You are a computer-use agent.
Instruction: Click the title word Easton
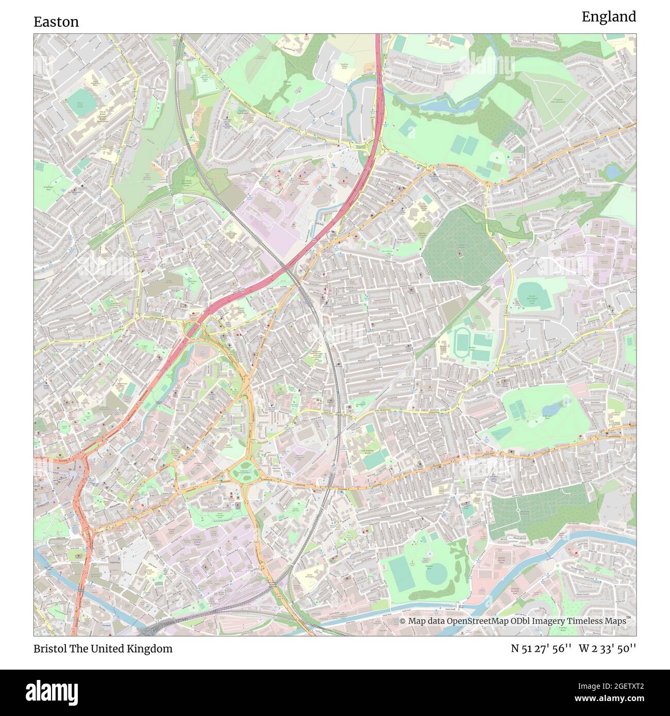(x=56, y=22)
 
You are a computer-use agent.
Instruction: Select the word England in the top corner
(x=609, y=17)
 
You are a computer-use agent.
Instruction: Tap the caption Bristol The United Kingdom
(x=103, y=649)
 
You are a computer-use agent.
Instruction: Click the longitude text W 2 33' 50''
(x=607, y=649)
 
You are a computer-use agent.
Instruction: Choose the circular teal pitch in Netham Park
(x=437, y=573)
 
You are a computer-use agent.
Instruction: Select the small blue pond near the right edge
(x=613, y=171)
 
